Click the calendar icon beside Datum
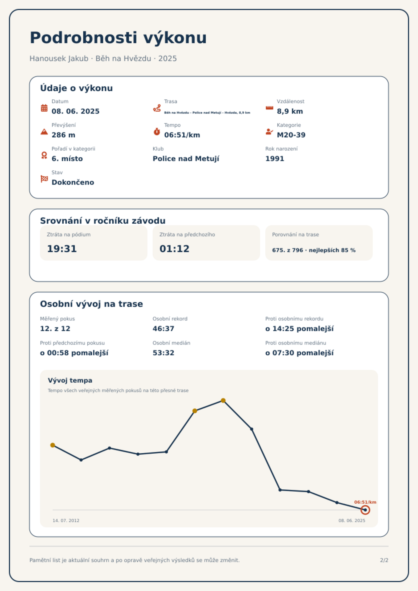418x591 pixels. (x=44, y=108)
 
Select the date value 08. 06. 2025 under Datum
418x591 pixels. (x=76, y=111)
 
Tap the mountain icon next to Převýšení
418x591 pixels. (x=44, y=132)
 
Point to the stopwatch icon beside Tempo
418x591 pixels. (x=157, y=132)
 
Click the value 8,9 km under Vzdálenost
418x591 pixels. (x=290, y=111)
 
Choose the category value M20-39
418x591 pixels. (x=291, y=135)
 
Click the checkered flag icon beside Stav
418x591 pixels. (x=44, y=179)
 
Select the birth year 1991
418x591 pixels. (x=275, y=159)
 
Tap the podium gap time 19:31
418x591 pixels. (x=62, y=249)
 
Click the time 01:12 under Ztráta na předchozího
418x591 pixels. (x=175, y=249)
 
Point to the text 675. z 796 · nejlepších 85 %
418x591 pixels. (x=314, y=250)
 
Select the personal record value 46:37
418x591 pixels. (x=163, y=329)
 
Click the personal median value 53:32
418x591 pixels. (x=163, y=353)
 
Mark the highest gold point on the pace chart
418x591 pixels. (x=223, y=400)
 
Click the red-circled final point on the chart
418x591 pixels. (x=365, y=510)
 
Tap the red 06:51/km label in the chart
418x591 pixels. (x=365, y=502)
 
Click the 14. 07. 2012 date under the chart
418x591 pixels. (x=66, y=520)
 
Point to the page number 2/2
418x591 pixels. (x=384, y=560)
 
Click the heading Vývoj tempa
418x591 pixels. (x=70, y=380)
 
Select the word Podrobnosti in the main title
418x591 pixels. (x=84, y=37)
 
